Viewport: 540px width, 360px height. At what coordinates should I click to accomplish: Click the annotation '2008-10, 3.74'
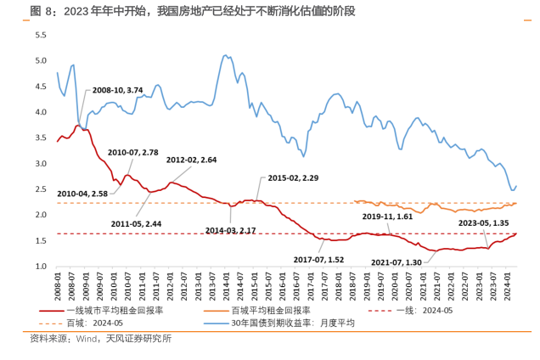point(117,90)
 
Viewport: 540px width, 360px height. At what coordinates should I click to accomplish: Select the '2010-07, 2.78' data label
point(133,152)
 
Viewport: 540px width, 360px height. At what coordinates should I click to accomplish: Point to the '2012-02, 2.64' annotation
point(191,160)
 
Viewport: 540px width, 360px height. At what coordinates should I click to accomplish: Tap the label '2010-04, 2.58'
point(82,194)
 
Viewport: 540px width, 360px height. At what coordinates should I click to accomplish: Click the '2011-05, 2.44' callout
point(137,223)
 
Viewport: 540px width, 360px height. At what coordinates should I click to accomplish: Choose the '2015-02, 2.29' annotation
point(293,178)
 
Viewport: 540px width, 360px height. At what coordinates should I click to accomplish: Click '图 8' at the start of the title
point(42,11)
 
